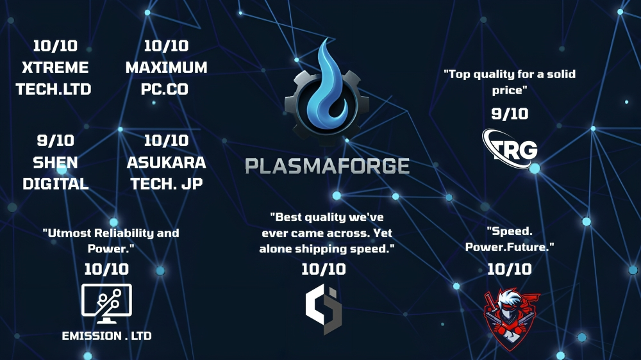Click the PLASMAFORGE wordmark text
coord(327,166)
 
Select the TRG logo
coord(510,149)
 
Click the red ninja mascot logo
coord(511,319)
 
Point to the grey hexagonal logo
coord(323,309)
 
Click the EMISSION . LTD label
coord(106,336)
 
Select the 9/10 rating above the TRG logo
coord(510,113)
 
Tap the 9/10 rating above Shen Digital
coord(56,140)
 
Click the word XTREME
coord(55,67)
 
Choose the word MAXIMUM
coord(167,67)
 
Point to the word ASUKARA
coord(167,163)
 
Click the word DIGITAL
coord(56,184)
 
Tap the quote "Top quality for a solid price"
coord(510,82)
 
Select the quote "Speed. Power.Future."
coord(510,239)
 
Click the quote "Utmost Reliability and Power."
coord(111,241)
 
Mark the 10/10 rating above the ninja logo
coord(510,269)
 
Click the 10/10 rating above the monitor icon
coord(106,269)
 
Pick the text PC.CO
coord(165,89)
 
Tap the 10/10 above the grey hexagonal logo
coord(323,269)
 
